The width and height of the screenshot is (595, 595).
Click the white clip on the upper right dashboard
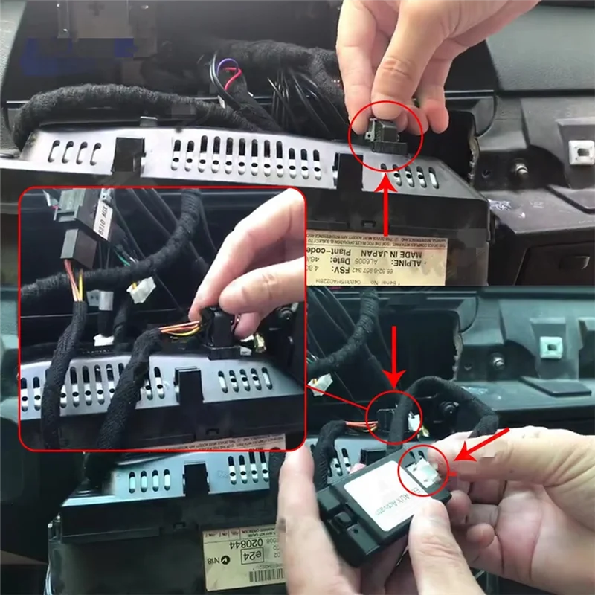click(581, 152)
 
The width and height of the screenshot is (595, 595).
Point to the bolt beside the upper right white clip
click(521, 172)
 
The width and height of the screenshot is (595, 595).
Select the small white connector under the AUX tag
click(141, 289)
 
